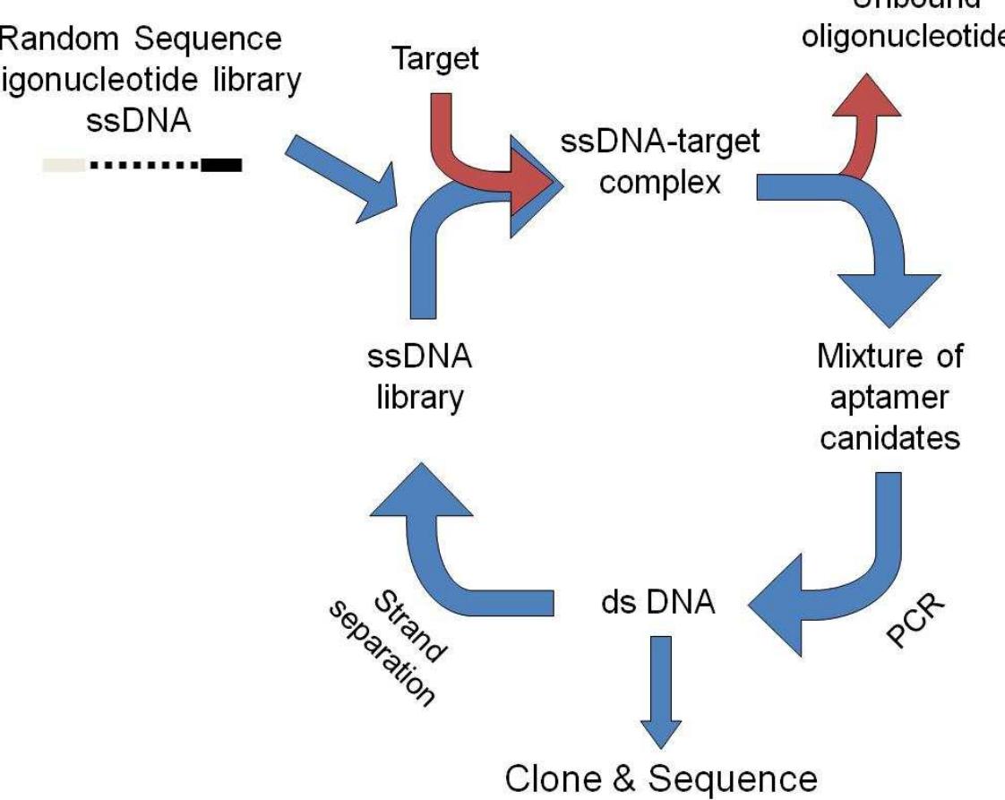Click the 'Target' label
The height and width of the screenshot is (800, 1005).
pos(436,59)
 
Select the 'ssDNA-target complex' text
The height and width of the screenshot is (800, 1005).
pos(660,162)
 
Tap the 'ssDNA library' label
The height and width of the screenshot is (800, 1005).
pos(419,376)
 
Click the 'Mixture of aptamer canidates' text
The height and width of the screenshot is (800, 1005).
pos(889,397)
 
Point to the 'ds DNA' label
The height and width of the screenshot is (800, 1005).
pos(657,603)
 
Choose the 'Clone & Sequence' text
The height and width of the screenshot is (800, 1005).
pos(661,778)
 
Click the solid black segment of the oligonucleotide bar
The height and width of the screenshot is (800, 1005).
pos(221,165)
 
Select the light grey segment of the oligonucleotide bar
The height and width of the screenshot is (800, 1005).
pos(64,165)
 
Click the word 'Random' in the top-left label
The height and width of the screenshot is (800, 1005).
pos(54,39)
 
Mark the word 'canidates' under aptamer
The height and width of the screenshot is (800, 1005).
pos(889,438)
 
